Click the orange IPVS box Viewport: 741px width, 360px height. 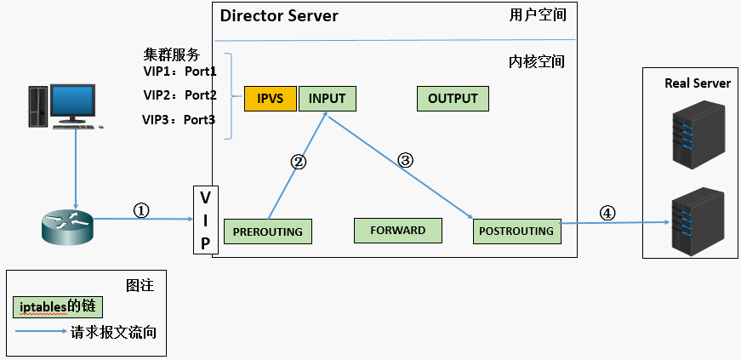pyautogui.click(x=270, y=99)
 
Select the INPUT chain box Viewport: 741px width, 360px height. pyautogui.click(x=327, y=99)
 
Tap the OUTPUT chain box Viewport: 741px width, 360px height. pyautogui.click(x=453, y=99)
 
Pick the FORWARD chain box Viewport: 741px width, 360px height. pyautogui.click(x=398, y=230)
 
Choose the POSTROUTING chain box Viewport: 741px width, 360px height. pyautogui.click(x=516, y=231)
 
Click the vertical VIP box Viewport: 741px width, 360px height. pyautogui.click(x=205, y=220)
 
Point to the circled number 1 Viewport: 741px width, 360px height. pyautogui.click(x=142, y=209)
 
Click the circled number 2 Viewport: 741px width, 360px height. pyautogui.click(x=299, y=161)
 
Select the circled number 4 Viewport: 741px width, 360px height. pyautogui.click(x=607, y=214)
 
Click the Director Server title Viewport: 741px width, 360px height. pyautogui.click(x=279, y=16)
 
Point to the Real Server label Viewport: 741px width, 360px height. pyautogui.click(x=697, y=83)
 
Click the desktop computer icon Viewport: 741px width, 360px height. pyautogui.click(x=68, y=106)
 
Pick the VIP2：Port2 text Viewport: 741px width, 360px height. pyautogui.click(x=180, y=94)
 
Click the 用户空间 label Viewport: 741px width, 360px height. pyautogui.click(x=538, y=15)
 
